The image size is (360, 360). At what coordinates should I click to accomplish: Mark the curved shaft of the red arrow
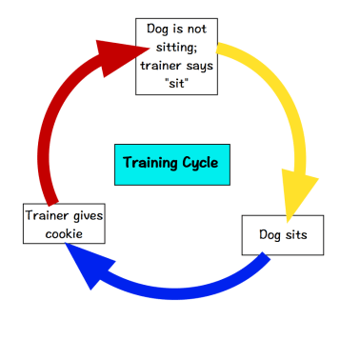[52, 133]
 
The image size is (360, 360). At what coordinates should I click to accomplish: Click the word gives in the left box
[85, 215]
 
